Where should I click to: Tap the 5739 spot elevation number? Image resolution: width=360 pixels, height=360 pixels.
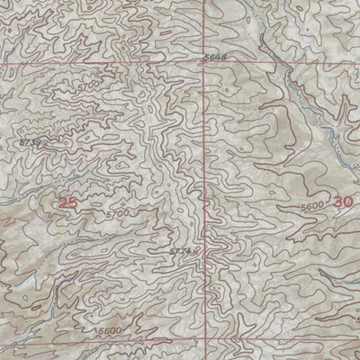[31, 142]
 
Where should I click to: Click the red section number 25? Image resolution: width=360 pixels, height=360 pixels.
[67, 203]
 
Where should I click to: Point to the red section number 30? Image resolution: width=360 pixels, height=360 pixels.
[342, 203]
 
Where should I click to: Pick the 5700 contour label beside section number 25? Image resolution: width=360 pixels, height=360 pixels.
[115, 215]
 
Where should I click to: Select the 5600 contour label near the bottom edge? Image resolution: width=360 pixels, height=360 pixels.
[111, 330]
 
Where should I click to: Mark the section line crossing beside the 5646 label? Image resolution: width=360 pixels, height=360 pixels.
[204, 64]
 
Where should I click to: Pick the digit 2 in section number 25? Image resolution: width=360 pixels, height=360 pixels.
[62, 203]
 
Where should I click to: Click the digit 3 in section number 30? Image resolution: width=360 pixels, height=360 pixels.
[337, 203]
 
